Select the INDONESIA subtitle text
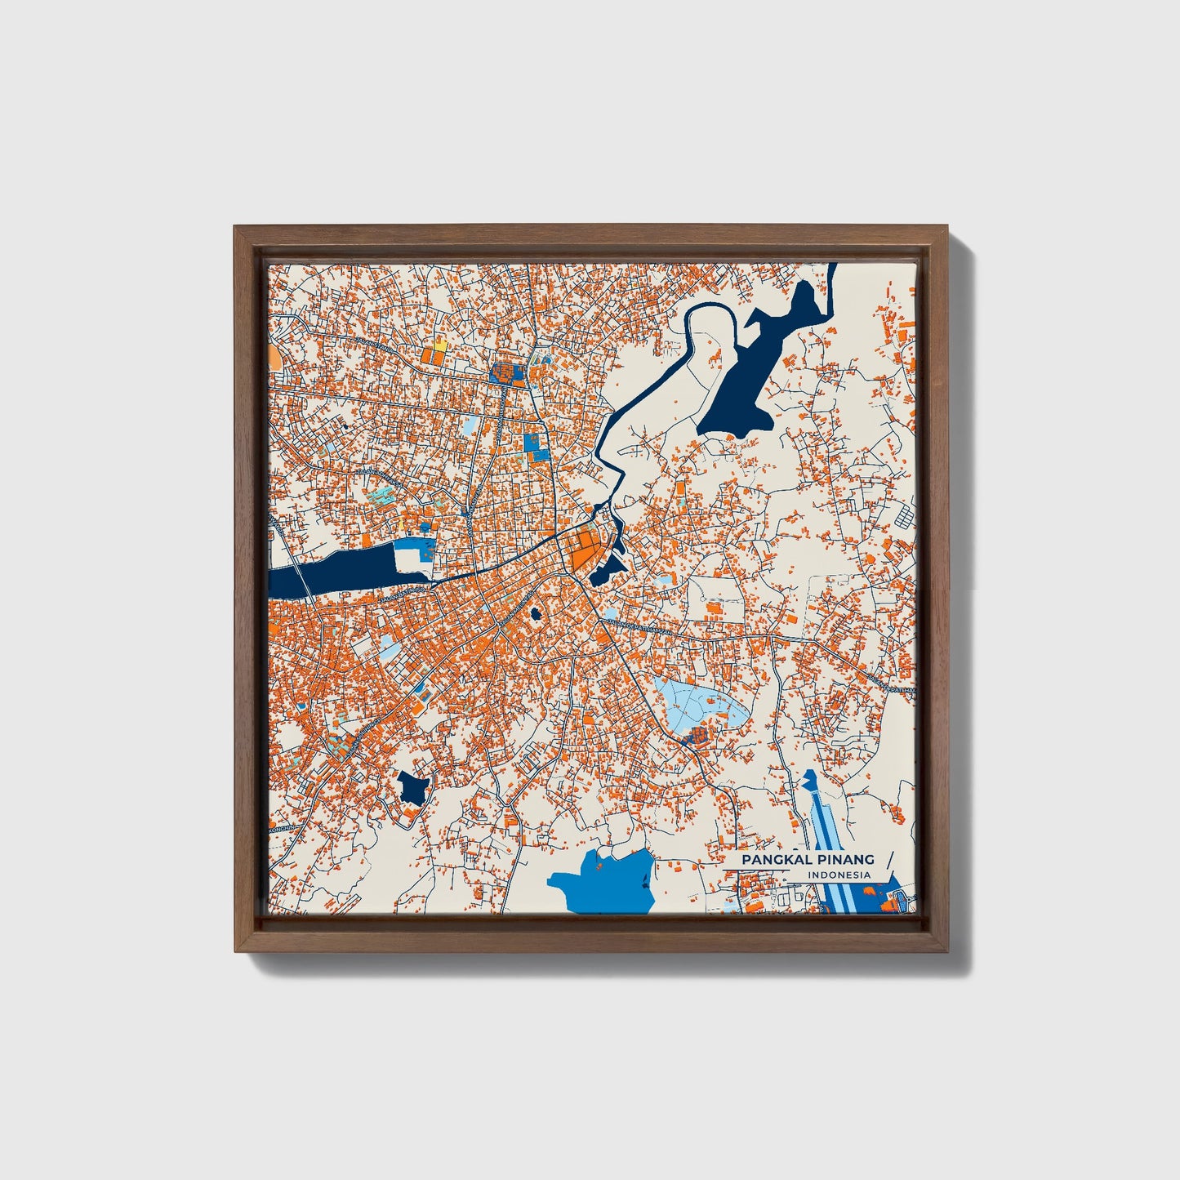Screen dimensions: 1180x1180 (x=839, y=875)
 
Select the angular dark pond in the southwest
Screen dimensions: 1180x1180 (x=412, y=789)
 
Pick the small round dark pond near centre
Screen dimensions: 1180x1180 (x=537, y=612)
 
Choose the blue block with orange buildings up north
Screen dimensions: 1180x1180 (x=508, y=374)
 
